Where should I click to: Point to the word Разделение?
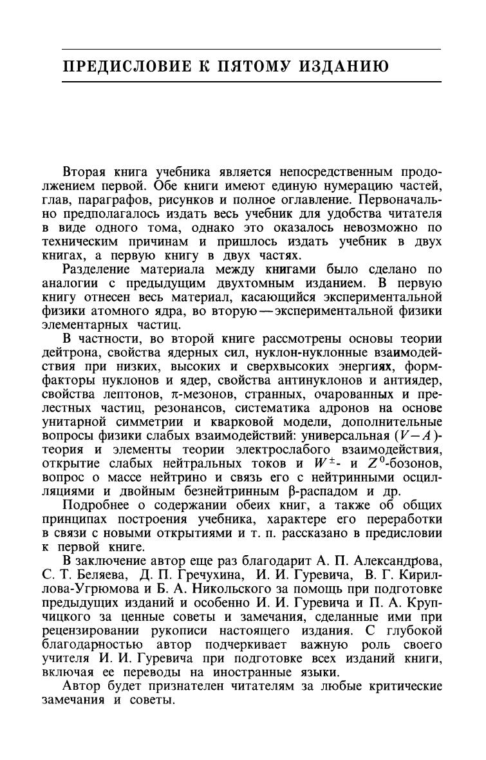(x=96, y=269)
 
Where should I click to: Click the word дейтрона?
(x=88, y=352)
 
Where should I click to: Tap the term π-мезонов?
(x=226, y=394)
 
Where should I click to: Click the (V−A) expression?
(x=420, y=435)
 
